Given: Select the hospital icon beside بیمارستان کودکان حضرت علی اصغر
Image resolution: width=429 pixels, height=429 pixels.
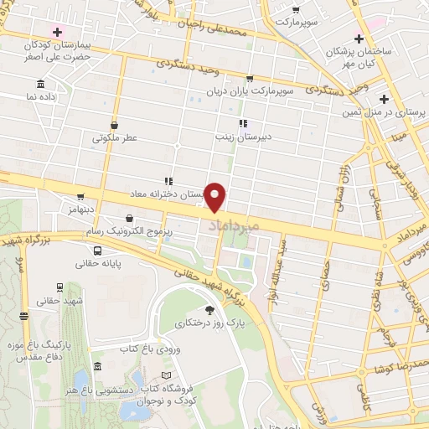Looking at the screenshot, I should (57, 32).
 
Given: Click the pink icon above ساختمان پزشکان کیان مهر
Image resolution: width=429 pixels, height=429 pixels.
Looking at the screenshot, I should (357, 39).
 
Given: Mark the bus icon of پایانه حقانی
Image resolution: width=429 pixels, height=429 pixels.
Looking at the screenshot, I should (98, 250).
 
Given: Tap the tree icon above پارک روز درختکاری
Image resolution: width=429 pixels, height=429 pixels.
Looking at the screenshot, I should (209, 309).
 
